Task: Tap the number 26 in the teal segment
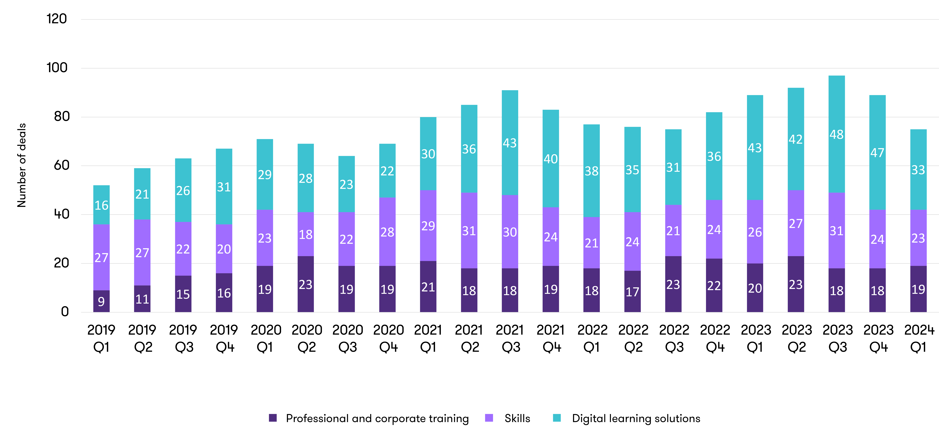point(183,190)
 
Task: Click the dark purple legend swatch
point(273,417)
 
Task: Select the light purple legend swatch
point(489,417)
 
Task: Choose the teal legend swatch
point(557,417)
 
